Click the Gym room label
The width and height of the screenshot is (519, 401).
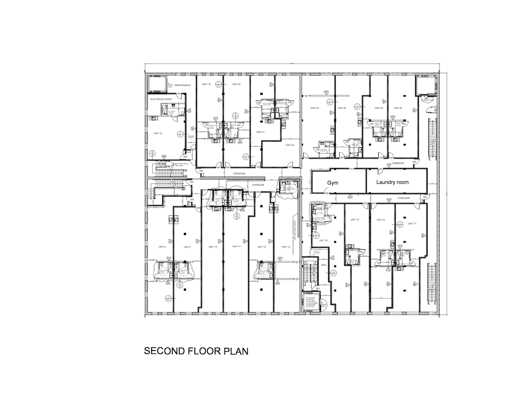tap(333, 183)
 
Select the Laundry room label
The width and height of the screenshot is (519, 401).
tap(392, 182)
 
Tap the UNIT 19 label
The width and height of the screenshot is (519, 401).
tap(206, 84)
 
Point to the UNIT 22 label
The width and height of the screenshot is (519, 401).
tap(290, 145)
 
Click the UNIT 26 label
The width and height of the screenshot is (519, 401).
tap(398, 108)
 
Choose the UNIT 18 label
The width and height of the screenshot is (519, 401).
tap(158, 133)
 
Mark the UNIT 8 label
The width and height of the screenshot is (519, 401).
tap(162, 247)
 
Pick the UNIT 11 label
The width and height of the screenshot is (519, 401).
tap(236, 247)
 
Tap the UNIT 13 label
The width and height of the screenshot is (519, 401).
tap(286, 247)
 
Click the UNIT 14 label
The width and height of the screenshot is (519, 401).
tap(323, 241)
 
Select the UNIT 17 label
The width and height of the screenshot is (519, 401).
tap(412, 224)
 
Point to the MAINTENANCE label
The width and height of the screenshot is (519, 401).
tap(183, 85)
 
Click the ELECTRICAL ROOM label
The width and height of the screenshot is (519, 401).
tap(161, 99)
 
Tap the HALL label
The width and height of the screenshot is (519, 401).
tap(324, 265)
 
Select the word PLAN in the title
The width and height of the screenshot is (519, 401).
tap(236, 351)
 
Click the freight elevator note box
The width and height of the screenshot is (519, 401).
tap(310, 302)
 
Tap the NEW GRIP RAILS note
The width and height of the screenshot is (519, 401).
tap(181, 164)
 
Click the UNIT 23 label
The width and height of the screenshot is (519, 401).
tap(314, 108)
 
